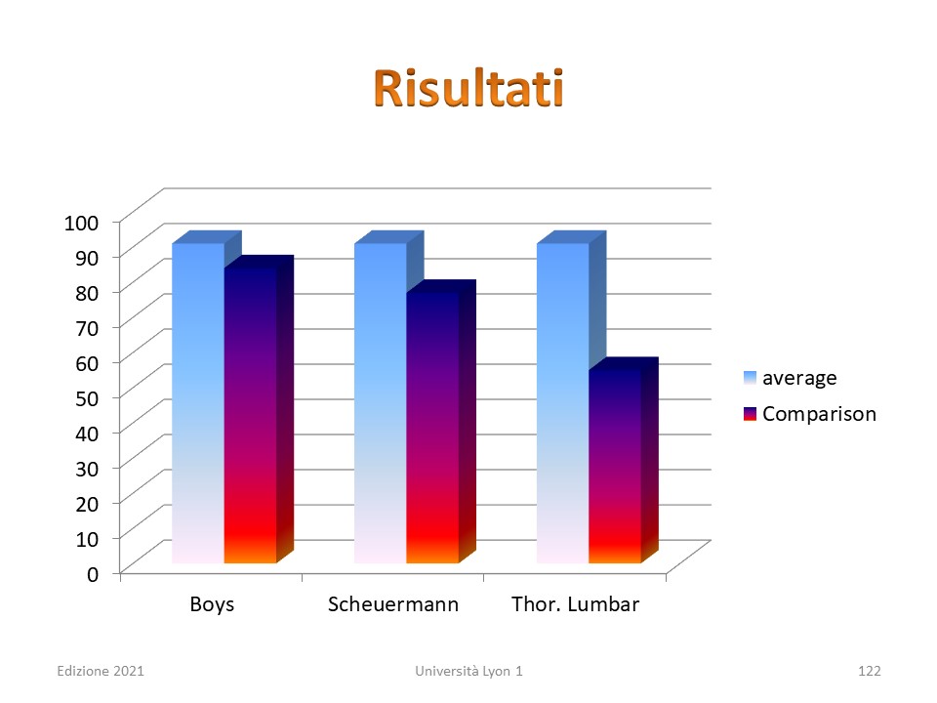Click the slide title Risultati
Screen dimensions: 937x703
[x=468, y=89]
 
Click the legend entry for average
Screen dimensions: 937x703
[x=790, y=378]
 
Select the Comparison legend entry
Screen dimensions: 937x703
[x=810, y=414]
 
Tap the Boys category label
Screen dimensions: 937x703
[x=212, y=604]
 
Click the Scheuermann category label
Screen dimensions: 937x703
[x=393, y=603]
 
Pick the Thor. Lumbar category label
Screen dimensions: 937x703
[x=575, y=603]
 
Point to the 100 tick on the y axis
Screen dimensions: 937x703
[x=81, y=223]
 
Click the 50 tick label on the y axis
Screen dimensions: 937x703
[x=87, y=398]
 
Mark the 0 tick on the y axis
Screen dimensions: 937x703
[x=93, y=574]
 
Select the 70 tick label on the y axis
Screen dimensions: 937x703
[x=87, y=328]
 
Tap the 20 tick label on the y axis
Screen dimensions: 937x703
[x=87, y=504]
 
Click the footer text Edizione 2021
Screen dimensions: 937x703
[x=101, y=671]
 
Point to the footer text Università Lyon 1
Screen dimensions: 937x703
[x=468, y=671]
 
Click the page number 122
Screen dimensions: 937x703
[x=870, y=671]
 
